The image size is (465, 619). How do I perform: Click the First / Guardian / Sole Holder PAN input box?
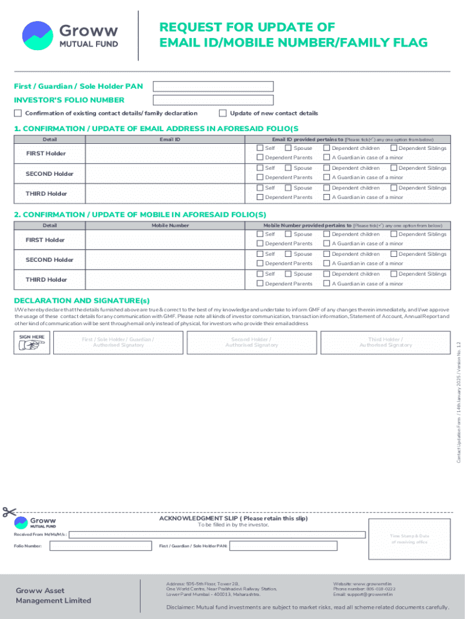213,86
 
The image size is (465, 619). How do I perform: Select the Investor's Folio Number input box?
213,100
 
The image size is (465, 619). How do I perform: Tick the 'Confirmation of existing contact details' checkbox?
18,113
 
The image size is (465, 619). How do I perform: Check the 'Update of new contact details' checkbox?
223,113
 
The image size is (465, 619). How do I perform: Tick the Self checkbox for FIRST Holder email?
260,148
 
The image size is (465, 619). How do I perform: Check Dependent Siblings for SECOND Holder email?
394,168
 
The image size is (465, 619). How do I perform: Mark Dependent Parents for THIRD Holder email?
260,197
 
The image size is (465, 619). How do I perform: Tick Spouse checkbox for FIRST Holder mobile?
288,234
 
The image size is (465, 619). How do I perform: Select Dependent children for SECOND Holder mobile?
327,254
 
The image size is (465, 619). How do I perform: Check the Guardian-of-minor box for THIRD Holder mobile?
327,284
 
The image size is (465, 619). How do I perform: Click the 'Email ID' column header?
170,140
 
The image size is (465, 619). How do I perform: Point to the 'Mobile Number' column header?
170,225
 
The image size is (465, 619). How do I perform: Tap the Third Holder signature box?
385,342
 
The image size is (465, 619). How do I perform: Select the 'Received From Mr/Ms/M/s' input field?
217,534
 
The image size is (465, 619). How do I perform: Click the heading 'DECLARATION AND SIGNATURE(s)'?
82,300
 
